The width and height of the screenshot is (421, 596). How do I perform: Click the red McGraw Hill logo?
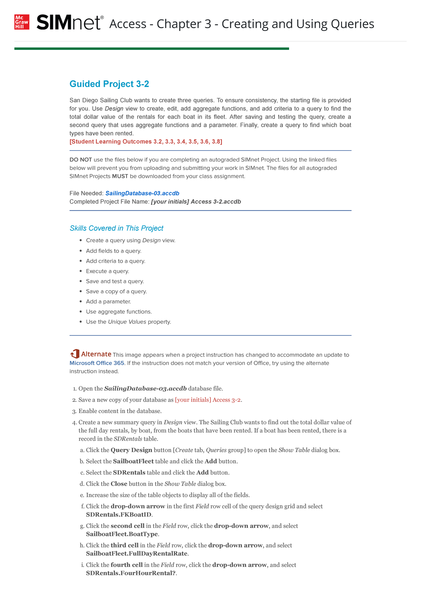point(21,22)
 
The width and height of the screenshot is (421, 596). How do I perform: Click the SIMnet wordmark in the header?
point(70,22)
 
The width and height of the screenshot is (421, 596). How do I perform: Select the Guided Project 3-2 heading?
point(109,84)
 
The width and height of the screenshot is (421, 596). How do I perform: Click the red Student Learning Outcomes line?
point(146,142)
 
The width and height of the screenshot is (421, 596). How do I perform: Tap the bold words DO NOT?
point(81,160)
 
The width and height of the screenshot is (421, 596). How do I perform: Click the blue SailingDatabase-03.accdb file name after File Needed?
point(142,194)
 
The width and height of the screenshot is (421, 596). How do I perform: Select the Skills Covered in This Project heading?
point(116,228)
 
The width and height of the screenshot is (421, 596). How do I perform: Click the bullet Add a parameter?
point(108,302)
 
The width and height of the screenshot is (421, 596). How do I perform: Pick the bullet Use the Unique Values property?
point(128,322)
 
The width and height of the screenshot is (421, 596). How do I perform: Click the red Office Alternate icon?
point(75,354)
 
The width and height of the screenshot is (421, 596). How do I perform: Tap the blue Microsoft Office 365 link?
point(97,363)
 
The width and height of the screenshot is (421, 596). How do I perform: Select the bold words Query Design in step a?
point(131,450)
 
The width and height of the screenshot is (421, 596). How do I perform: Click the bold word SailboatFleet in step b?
point(133,461)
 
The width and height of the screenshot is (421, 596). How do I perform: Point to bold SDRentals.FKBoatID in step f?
point(119,515)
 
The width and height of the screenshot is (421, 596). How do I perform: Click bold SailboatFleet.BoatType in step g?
point(122,534)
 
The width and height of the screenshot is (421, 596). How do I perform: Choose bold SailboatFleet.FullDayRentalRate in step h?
point(137,554)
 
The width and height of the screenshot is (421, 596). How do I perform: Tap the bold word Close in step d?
point(119,484)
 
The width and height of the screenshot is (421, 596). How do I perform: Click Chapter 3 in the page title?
point(184,24)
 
